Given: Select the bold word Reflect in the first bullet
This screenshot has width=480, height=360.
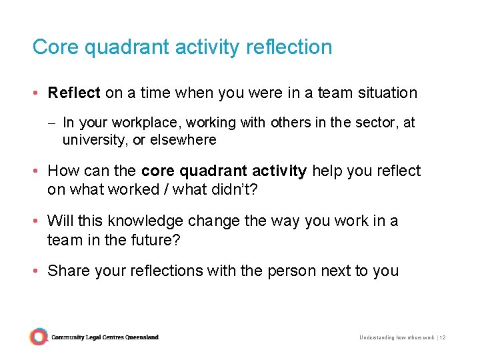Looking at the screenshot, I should (x=74, y=93).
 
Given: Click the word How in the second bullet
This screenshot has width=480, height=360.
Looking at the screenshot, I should (x=63, y=171).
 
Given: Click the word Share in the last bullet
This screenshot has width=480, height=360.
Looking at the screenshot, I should (x=67, y=271).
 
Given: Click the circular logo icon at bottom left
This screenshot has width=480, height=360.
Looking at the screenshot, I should (x=39, y=337).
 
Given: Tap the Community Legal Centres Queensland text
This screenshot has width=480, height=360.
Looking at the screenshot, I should (x=105, y=337).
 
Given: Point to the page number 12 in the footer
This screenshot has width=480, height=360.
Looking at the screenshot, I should (x=442, y=338).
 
